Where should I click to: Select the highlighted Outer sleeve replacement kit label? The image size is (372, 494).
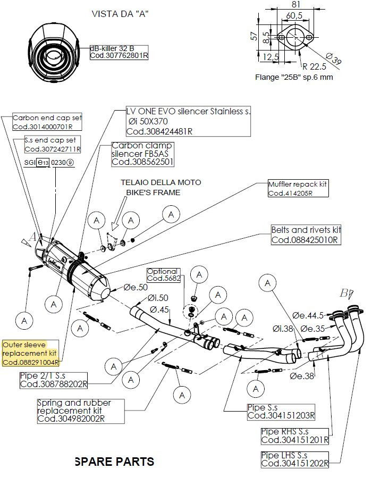click(x=30, y=353)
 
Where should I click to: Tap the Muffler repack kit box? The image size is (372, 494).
click(x=298, y=188)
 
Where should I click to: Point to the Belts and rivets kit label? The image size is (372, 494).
click(x=306, y=235)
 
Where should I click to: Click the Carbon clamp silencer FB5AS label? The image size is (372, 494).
click(x=142, y=154)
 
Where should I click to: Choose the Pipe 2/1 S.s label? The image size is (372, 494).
click(x=54, y=380)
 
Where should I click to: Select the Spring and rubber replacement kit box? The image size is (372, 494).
click(x=81, y=411)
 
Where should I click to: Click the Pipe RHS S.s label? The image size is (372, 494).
click(x=294, y=436)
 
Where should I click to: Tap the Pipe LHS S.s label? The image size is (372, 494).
click(x=294, y=459)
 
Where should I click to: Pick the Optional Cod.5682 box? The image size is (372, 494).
click(x=164, y=275)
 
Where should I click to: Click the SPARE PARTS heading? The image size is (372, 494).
click(x=115, y=462)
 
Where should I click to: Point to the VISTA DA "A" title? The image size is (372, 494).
click(x=120, y=14)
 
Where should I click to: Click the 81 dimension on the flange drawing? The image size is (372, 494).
click(x=295, y=5)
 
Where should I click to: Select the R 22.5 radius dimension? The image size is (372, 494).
click(x=314, y=66)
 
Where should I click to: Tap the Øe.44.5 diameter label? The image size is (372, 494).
click(x=308, y=315)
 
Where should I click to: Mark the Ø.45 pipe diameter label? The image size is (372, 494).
click(x=159, y=309)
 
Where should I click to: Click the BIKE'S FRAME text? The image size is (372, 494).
click(x=154, y=192)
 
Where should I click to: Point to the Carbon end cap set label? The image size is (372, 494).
click(x=47, y=122)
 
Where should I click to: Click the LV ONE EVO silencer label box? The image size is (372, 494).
click(x=188, y=121)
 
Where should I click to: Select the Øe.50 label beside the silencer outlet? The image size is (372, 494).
click(x=136, y=287)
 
